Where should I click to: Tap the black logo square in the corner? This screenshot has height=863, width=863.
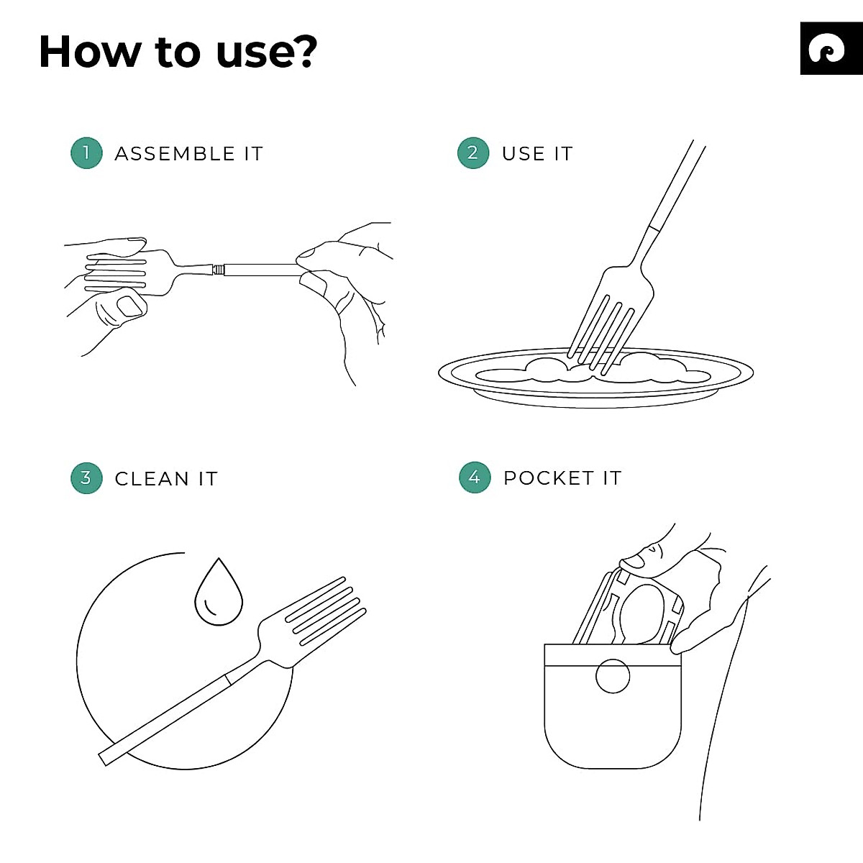(831, 48)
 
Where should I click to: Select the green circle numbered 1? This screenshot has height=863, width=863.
(86, 153)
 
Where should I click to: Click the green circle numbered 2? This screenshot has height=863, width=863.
(472, 153)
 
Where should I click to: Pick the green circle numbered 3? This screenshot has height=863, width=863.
(86, 478)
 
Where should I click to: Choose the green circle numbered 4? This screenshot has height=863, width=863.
(474, 478)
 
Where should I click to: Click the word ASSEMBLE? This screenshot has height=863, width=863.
(175, 154)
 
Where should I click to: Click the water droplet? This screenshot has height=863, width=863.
(219, 595)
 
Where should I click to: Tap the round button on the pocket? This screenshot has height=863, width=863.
(613, 675)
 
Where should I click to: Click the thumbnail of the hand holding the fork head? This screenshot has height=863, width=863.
(129, 307)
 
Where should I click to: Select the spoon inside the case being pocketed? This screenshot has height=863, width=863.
(642, 611)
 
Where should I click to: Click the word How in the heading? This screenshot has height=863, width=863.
(90, 52)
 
